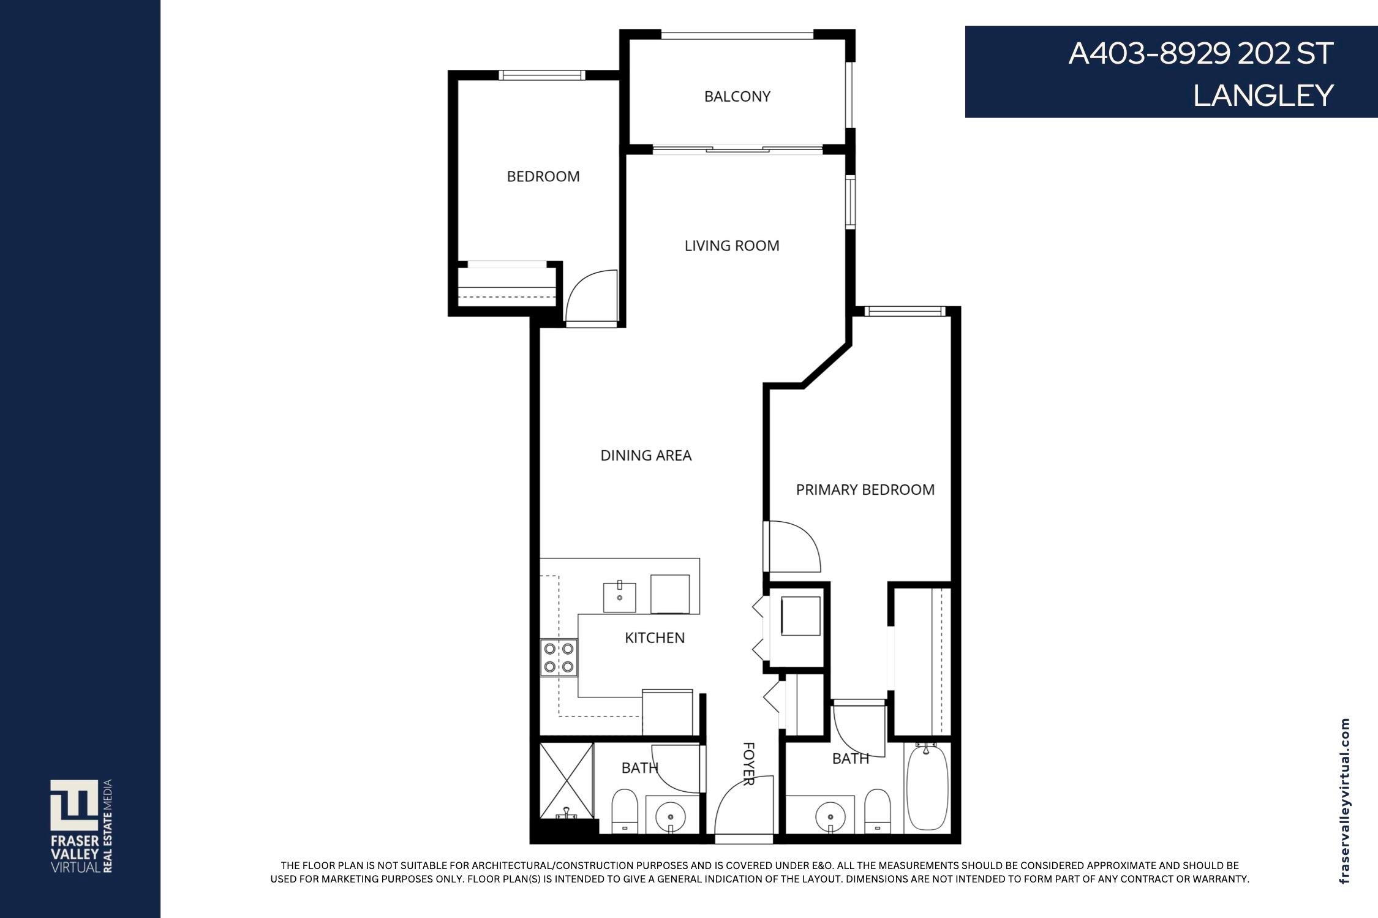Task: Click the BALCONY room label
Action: (737, 96)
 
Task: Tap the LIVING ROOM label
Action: (732, 246)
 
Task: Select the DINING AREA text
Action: (646, 456)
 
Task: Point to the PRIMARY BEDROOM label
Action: (865, 490)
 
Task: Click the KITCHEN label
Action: (654, 638)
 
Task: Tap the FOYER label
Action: (748, 763)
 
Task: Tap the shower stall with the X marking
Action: (567, 780)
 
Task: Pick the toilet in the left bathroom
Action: (625, 811)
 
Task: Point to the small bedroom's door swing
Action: (592, 296)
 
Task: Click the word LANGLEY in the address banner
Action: (1263, 96)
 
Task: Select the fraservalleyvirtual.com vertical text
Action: (1344, 801)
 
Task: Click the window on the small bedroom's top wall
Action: (541, 75)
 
